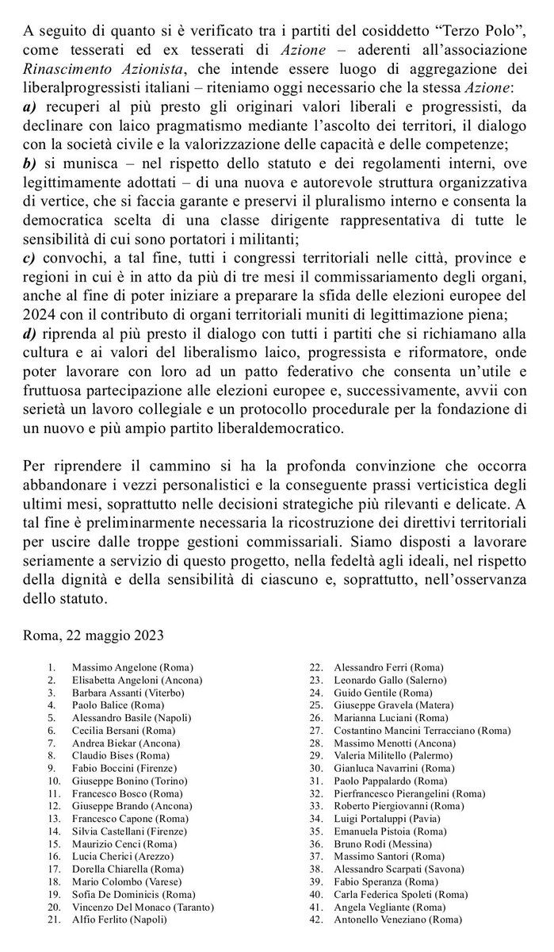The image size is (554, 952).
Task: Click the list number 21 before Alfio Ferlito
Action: coord(53,919)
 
